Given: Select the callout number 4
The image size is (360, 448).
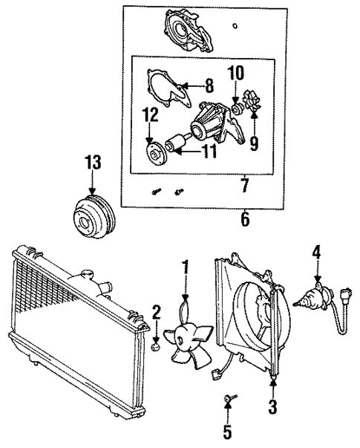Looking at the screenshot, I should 317,253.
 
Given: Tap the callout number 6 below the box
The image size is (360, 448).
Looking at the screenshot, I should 246,220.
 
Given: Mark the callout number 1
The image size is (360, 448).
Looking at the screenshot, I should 186,266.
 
